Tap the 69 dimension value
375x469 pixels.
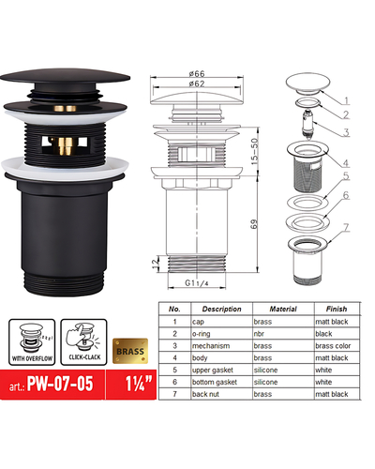pos(256,222)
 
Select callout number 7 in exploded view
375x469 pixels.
pos(346,228)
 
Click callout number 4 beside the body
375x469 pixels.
pos(346,161)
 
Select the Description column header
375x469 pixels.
pos(221,309)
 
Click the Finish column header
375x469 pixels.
pos(337,309)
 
